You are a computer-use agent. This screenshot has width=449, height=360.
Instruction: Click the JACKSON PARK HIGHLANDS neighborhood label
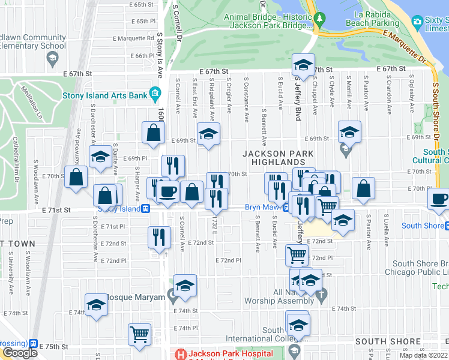tap(278, 158)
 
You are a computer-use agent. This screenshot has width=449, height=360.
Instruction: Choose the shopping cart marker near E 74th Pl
tap(139, 334)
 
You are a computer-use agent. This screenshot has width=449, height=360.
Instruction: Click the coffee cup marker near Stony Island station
tap(167, 192)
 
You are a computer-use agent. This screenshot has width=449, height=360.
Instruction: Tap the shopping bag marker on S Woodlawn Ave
tap(76, 177)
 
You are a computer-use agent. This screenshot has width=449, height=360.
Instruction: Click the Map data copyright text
tap(423, 355)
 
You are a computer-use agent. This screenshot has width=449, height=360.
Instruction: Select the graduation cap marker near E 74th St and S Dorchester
tap(95, 304)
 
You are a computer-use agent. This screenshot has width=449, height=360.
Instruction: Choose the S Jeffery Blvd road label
tap(297, 99)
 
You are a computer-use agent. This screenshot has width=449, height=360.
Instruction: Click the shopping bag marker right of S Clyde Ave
tap(364, 188)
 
